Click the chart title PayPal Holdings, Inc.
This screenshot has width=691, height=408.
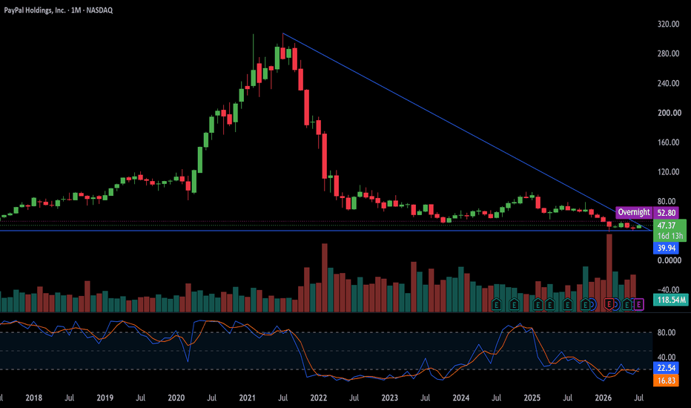(35, 10)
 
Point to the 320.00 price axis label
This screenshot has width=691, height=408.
(668, 24)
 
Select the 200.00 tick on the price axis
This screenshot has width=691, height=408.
(668, 113)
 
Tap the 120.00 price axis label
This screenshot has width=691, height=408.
(668, 172)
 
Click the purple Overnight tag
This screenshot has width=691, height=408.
(634, 213)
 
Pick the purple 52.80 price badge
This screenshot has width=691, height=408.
(667, 213)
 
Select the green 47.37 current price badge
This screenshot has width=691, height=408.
(667, 226)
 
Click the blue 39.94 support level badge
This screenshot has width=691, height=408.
(667, 248)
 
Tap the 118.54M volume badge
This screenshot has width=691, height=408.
(671, 300)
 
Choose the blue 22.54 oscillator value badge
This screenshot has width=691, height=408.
(667, 368)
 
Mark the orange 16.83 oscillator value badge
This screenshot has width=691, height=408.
(667, 381)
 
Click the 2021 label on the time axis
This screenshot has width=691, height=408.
(247, 398)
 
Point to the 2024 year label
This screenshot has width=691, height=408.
(460, 398)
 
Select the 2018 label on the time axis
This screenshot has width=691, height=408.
(33, 398)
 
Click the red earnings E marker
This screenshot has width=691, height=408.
(609, 304)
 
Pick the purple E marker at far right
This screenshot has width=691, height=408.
(638, 304)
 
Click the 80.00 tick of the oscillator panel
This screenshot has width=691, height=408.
(667, 332)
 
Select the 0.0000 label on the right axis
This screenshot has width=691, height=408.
(669, 260)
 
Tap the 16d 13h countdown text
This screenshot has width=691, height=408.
(669, 237)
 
